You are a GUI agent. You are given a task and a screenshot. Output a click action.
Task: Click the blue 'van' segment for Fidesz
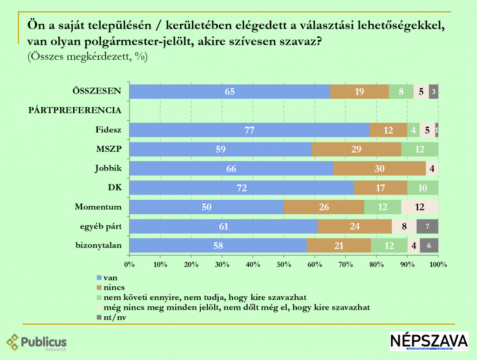(x=249, y=130)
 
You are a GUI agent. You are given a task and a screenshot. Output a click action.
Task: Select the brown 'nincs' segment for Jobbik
(x=380, y=169)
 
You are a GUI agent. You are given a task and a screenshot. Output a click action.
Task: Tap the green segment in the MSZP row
(x=419, y=149)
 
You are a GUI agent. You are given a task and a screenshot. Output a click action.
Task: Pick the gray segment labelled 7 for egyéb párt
(x=427, y=226)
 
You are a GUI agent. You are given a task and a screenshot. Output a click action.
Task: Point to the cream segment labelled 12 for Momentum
(x=419, y=207)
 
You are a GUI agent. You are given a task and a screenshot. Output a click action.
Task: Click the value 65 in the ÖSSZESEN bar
(x=230, y=91)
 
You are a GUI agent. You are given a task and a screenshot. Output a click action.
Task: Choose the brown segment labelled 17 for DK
(x=380, y=188)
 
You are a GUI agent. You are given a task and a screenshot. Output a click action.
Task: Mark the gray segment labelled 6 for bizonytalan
(x=429, y=245)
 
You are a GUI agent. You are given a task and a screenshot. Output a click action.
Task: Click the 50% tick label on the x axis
(x=284, y=265)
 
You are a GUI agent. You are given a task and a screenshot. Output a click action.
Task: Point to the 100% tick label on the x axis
(x=438, y=265)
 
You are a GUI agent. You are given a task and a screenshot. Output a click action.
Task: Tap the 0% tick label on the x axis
(x=129, y=265)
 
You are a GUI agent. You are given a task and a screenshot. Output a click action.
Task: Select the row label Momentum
(x=98, y=207)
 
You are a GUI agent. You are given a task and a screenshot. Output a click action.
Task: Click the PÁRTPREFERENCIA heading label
(x=75, y=110)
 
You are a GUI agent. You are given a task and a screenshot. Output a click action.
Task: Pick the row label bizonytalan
(x=98, y=245)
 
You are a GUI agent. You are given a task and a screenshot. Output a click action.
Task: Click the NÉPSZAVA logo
(x=429, y=341)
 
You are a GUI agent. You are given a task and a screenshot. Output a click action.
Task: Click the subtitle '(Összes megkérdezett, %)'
(x=88, y=57)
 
